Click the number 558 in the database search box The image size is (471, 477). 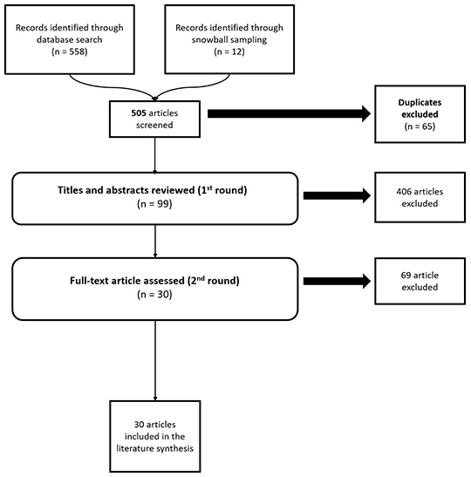[x=77, y=51]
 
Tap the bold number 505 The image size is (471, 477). [x=139, y=113]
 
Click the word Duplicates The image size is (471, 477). [x=420, y=103]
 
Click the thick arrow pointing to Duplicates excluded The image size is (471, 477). [x=289, y=113]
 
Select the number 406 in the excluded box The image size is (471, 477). [x=404, y=192]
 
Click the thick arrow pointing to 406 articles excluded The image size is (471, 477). [x=338, y=195]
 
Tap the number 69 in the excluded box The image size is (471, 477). [x=406, y=276]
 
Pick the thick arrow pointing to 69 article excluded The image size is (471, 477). [x=338, y=281]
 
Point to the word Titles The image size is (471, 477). [x=71, y=190]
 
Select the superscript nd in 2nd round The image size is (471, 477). [x=201, y=277]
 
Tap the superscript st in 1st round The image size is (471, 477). [x=209, y=187]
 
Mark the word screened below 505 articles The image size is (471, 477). [x=154, y=125]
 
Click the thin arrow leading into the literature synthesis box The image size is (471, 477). [x=155, y=360]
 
